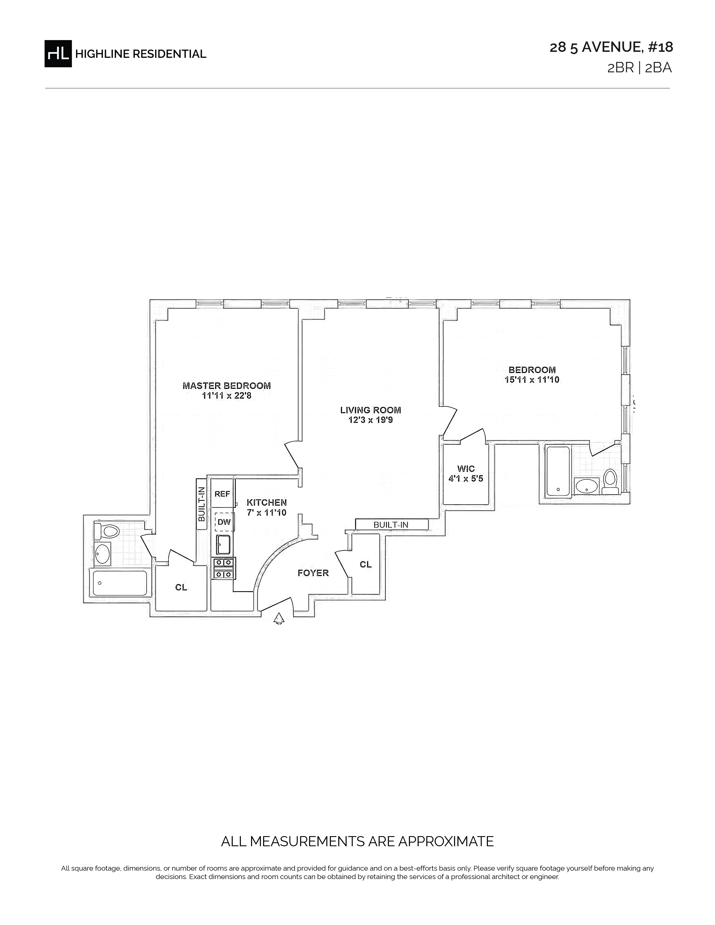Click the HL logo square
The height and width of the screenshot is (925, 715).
click(x=58, y=53)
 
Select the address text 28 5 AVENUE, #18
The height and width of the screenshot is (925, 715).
click(x=611, y=47)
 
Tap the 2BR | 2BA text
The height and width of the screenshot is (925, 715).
click(x=640, y=68)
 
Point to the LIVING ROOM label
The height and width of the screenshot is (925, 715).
click(x=371, y=410)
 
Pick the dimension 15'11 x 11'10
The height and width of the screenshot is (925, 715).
click(x=532, y=380)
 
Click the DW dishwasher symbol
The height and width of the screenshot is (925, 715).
click(x=224, y=522)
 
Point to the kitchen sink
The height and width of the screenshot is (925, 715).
click(x=223, y=545)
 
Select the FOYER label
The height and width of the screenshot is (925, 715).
click(x=313, y=573)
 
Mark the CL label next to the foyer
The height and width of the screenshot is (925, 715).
click(x=366, y=565)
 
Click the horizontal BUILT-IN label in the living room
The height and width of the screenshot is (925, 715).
click(x=391, y=525)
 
